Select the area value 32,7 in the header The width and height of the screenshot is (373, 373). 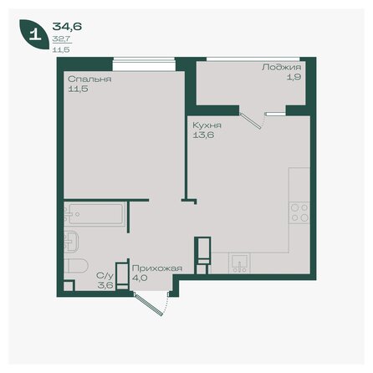[60, 38]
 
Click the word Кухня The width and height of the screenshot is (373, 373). [206, 122]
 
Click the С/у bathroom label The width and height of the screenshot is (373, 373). [104, 274]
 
